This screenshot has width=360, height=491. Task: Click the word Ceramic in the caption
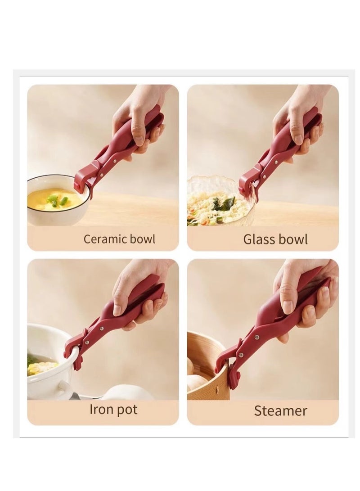105,239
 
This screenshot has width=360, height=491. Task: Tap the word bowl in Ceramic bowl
142,239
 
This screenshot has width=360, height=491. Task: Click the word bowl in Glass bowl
293,239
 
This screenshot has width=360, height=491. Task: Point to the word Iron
99,410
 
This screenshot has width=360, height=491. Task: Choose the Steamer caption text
280,410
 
